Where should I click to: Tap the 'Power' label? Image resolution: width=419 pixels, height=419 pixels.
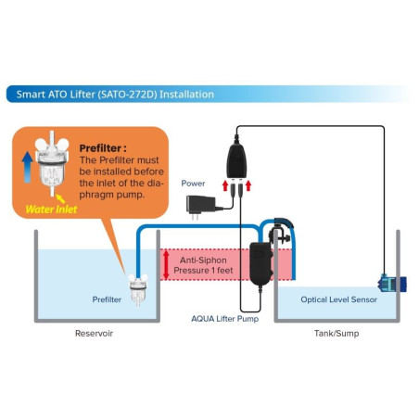coord(193,184)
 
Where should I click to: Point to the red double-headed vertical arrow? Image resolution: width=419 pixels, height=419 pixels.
coord(164,264)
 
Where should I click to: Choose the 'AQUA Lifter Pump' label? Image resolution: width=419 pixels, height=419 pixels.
coord(224,318)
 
